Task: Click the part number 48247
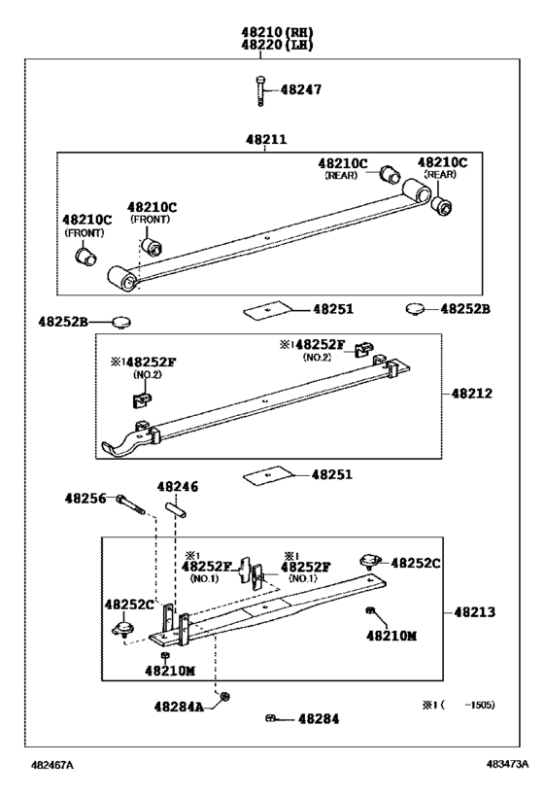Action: tap(301, 89)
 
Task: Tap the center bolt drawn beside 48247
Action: tap(260, 90)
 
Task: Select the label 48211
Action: tap(266, 139)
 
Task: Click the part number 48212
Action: tap(472, 394)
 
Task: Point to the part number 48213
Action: tap(474, 612)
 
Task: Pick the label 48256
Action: tap(85, 499)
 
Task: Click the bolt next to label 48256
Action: tap(131, 504)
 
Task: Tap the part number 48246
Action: tap(178, 487)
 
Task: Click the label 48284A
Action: tap(179, 707)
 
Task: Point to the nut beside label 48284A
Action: tap(225, 697)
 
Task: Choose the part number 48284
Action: tap(319, 719)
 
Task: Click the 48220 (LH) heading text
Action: tap(277, 45)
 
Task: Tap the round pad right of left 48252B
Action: tap(121, 322)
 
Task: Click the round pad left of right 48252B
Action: tap(415, 309)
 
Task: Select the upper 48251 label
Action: tap(333, 309)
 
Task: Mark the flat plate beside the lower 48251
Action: tap(269, 474)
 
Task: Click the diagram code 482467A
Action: tap(52, 765)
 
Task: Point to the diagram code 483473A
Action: tap(507, 764)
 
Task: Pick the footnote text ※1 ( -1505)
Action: tap(459, 705)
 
